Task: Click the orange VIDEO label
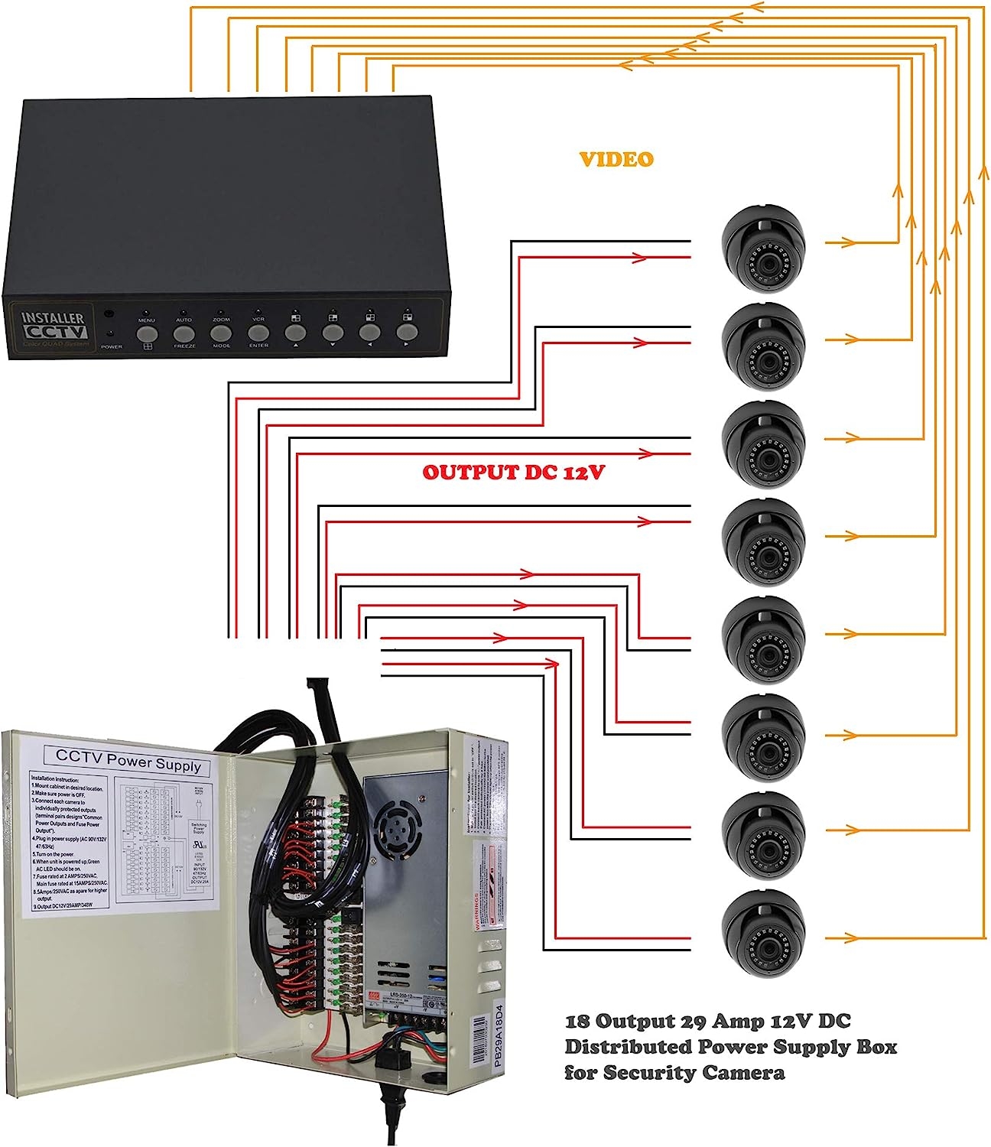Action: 616,159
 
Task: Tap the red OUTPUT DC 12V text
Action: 513,472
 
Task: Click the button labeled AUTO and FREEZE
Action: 184,333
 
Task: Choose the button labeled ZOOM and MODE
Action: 221,333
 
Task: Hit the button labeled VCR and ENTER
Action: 258,333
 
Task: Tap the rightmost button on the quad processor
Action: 407,332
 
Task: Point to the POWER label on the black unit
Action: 112,346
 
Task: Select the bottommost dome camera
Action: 763,933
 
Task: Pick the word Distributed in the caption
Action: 626,1046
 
